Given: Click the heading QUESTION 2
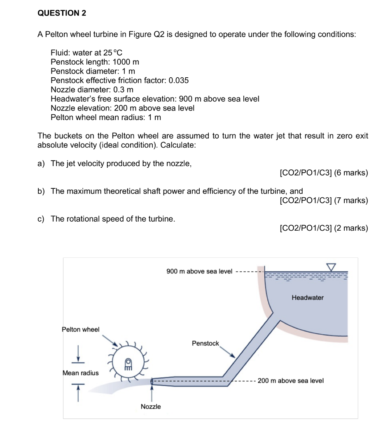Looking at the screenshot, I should click(x=62, y=13).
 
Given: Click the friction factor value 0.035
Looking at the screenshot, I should click(x=179, y=80).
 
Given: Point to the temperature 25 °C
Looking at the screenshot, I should click(x=112, y=53).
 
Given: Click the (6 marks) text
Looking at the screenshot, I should click(x=351, y=173).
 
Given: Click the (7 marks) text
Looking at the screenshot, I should click(x=351, y=201).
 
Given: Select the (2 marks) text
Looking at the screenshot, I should click(x=351, y=228).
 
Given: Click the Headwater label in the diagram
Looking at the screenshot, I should click(x=308, y=298).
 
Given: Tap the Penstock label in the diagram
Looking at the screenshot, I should click(x=206, y=343).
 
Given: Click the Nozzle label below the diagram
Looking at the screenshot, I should click(x=151, y=407).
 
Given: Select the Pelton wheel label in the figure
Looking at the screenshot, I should click(x=81, y=329).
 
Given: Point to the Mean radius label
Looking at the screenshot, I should click(x=81, y=373).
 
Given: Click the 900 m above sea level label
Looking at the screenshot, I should click(x=199, y=271).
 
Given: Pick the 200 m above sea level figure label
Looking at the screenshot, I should click(x=291, y=381).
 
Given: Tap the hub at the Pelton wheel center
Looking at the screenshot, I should click(x=128, y=362).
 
